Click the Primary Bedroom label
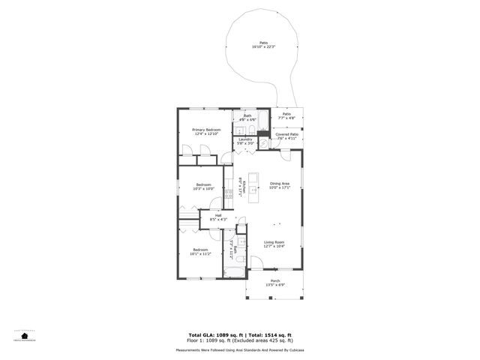point(206,130)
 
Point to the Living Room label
point(274,242)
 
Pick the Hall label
point(218,215)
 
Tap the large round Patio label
point(263,43)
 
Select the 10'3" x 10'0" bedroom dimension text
point(204,189)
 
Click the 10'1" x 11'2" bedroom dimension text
point(200,253)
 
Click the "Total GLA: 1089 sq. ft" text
point(213,334)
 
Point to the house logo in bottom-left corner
point(25,334)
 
